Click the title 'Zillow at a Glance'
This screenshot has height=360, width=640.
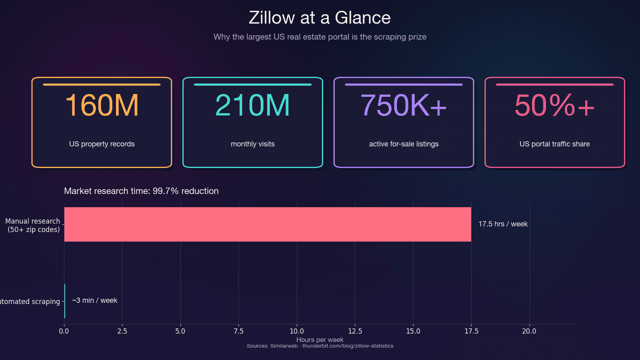point(320,18)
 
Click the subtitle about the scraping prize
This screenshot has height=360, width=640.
point(320,37)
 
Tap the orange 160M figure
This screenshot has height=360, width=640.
point(102,106)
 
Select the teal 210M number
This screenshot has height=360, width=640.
point(252,106)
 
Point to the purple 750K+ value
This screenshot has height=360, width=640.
point(404,106)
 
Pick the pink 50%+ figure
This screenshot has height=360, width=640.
point(554,106)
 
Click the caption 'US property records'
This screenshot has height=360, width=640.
point(102,144)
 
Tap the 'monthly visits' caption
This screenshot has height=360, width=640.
point(252,144)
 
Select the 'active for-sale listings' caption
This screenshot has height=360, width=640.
point(404,144)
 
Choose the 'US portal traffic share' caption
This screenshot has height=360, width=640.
point(554,144)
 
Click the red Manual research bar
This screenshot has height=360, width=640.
point(267,224)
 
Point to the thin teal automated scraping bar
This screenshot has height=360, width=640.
point(65,301)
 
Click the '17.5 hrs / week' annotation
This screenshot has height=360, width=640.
point(503,224)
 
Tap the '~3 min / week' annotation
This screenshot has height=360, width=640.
point(94,300)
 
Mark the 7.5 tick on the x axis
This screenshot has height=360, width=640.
point(238,331)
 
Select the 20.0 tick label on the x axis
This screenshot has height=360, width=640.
point(529,331)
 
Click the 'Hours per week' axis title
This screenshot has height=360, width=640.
point(320,340)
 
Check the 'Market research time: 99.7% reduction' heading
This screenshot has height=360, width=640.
point(141,191)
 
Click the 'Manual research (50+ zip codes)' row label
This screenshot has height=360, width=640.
point(33,225)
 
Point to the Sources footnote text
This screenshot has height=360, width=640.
point(320,346)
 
